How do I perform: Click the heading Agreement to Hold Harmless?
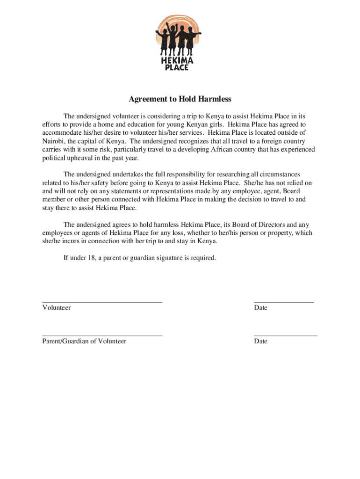click(x=180, y=99)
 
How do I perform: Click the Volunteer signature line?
click(x=102, y=302)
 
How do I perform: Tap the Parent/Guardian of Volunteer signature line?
click(x=102, y=336)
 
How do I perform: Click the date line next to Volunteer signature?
click(x=284, y=302)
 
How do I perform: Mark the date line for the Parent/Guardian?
click(x=286, y=336)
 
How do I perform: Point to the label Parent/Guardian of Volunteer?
click(x=84, y=341)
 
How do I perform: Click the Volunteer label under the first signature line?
click(x=57, y=308)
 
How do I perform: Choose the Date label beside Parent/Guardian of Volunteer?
click(x=260, y=341)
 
